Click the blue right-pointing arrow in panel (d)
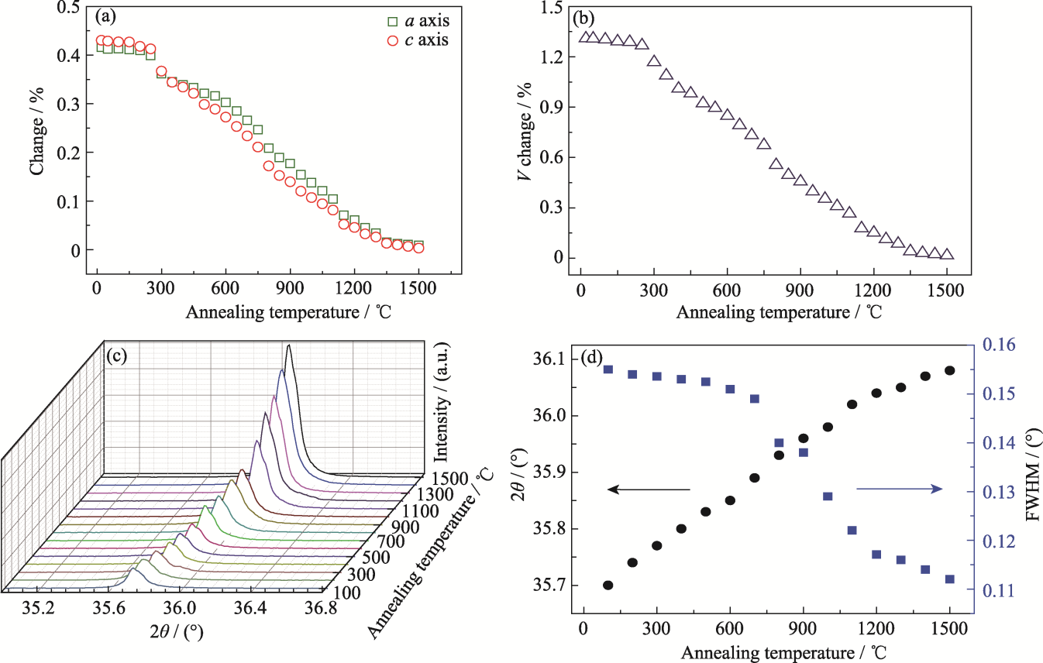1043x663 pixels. (899, 489)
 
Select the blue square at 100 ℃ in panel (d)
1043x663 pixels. (608, 369)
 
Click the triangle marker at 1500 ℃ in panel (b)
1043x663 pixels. (947, 254)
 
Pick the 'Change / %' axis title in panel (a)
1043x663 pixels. (36, 133)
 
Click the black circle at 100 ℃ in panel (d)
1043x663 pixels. (608, 585)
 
